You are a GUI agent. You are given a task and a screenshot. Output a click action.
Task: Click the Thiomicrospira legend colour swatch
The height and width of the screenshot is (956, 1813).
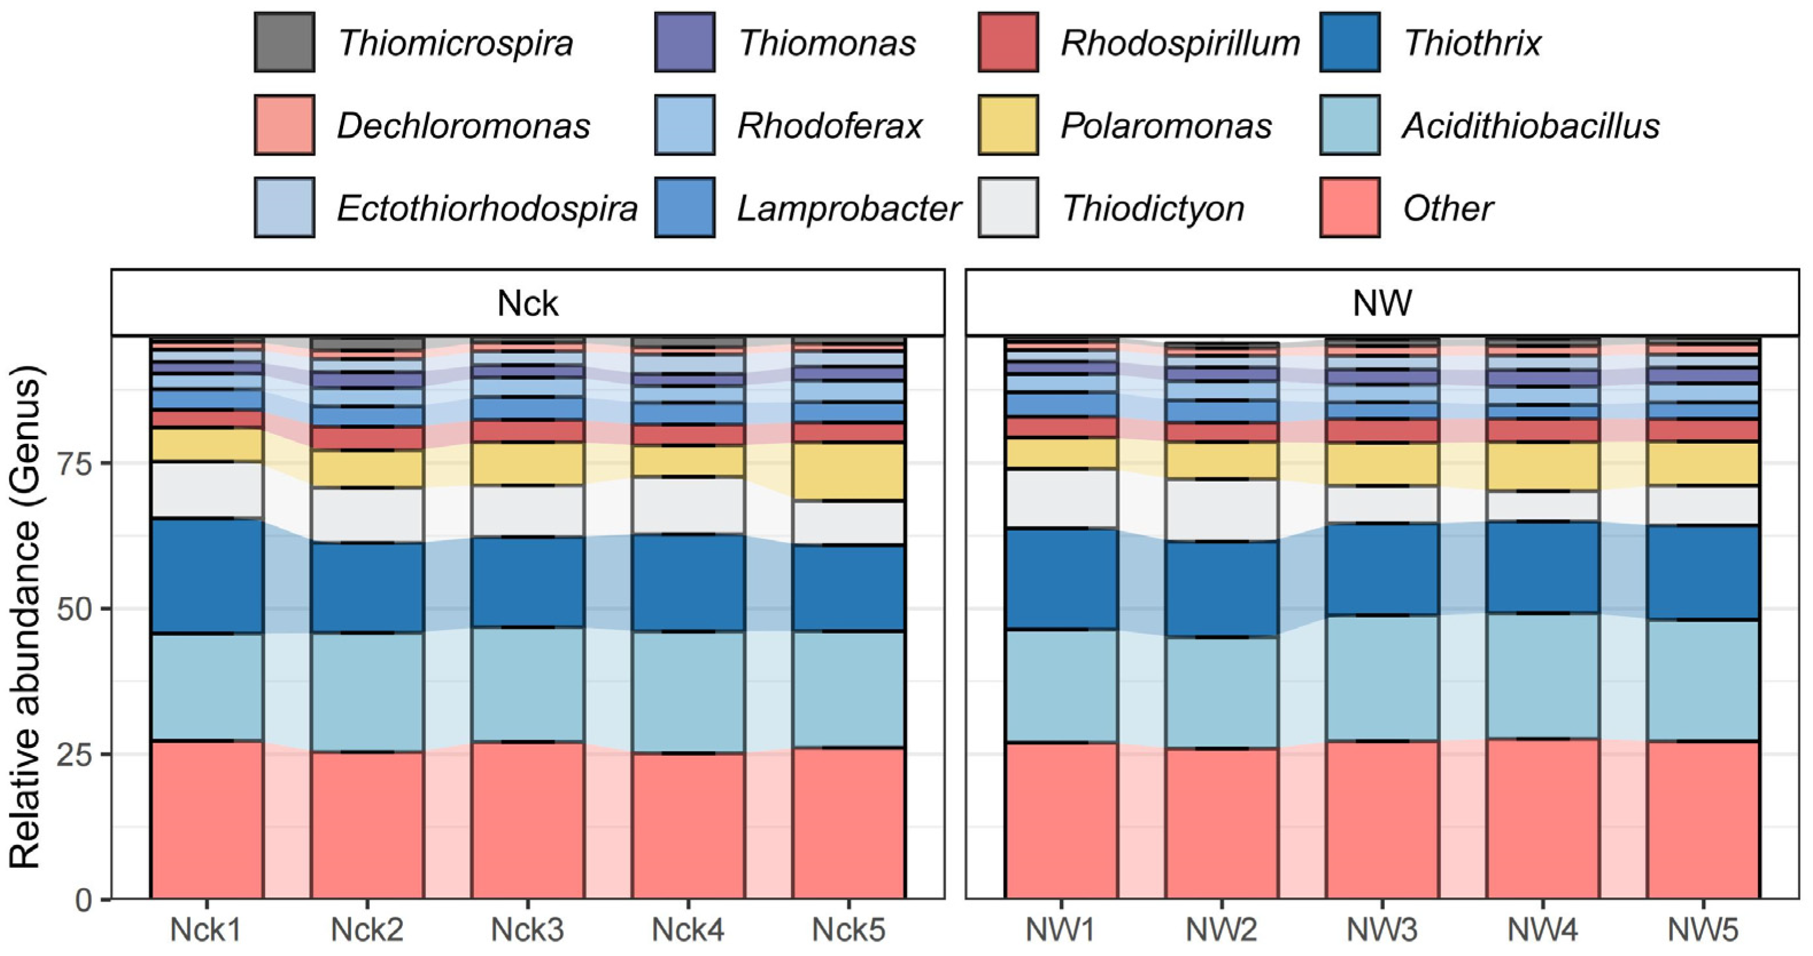pos(284,42)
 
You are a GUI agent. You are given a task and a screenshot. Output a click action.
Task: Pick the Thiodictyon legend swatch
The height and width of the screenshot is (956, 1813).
pos(1008,208)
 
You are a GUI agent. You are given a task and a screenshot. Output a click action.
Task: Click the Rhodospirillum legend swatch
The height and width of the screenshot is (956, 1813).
pos(1008,42)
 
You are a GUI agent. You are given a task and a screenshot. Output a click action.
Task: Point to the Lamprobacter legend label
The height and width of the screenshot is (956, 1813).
pos(849,208)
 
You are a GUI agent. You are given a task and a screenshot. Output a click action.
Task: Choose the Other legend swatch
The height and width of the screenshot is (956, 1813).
pos(1349,208)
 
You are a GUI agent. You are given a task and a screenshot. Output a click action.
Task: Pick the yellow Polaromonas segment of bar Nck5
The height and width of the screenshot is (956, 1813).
pos(849,471)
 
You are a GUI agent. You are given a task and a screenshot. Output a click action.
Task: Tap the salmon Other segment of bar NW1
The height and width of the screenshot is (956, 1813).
pos(1061,820)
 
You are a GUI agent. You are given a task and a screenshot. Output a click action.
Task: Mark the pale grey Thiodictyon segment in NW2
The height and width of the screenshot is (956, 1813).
pos(1221,510)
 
